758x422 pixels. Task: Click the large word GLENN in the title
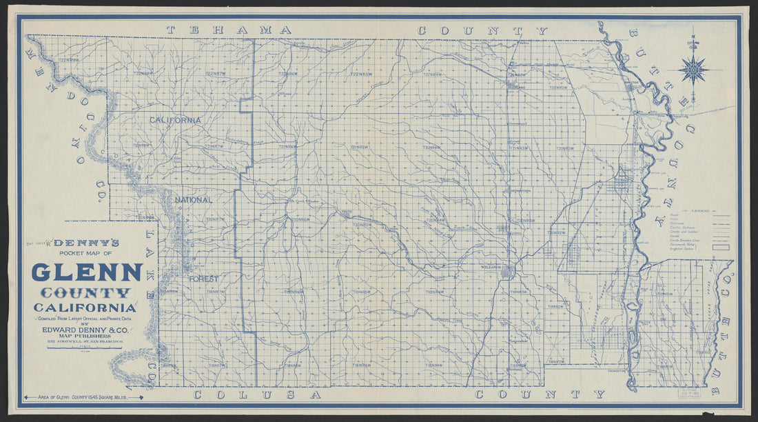tap(87, 272)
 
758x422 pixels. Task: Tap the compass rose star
tap(693, 70)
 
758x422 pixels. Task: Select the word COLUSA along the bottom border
tap(257, 395)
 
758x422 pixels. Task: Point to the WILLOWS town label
tap(490, 266)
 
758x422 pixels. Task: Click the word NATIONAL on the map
tap(193, 200)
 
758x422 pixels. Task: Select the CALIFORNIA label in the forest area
tap(176, 120)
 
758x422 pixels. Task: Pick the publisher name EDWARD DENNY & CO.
tap(87, 330)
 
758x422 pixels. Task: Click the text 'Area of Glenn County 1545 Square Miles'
tap(83, 397)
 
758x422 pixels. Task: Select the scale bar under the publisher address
tap(85, 348)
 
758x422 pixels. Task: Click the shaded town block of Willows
tap(506, 272)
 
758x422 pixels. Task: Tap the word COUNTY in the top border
tap(482, 30)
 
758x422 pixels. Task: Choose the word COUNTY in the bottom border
tap(540, 395)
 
